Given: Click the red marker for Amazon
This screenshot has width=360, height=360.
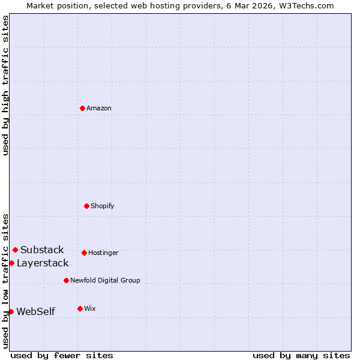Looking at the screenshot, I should (82, 108).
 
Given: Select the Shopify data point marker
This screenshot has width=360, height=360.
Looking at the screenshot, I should (86, 206).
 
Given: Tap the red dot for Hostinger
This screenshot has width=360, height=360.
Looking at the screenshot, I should (84, 253).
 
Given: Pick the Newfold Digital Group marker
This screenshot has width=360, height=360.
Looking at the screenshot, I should (66, 280).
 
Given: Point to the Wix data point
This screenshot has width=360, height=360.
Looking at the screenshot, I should (80, 308).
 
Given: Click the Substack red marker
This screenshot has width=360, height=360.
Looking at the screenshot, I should (15, 250).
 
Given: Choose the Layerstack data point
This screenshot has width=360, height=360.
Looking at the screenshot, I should (11, 263).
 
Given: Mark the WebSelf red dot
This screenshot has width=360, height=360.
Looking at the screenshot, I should (11, 311).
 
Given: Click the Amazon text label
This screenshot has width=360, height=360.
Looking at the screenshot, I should (99, 109).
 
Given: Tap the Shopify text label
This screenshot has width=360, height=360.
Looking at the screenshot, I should (103, 206).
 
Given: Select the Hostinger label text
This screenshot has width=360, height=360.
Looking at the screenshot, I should (103, 253).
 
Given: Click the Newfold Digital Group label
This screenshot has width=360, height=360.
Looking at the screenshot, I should (105, 281).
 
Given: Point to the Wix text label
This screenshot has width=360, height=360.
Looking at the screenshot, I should (90, 309).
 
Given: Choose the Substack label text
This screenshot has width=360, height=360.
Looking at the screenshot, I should (42, 250).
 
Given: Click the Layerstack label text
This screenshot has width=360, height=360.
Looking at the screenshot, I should (43, 263).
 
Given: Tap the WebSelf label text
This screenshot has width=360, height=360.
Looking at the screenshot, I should (35, 312).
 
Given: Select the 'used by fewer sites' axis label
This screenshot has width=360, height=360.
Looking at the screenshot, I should (62, 355).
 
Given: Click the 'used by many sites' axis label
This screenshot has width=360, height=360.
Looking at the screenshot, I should (301, 355).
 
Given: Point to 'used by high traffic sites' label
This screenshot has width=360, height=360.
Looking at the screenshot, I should (5, 85).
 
